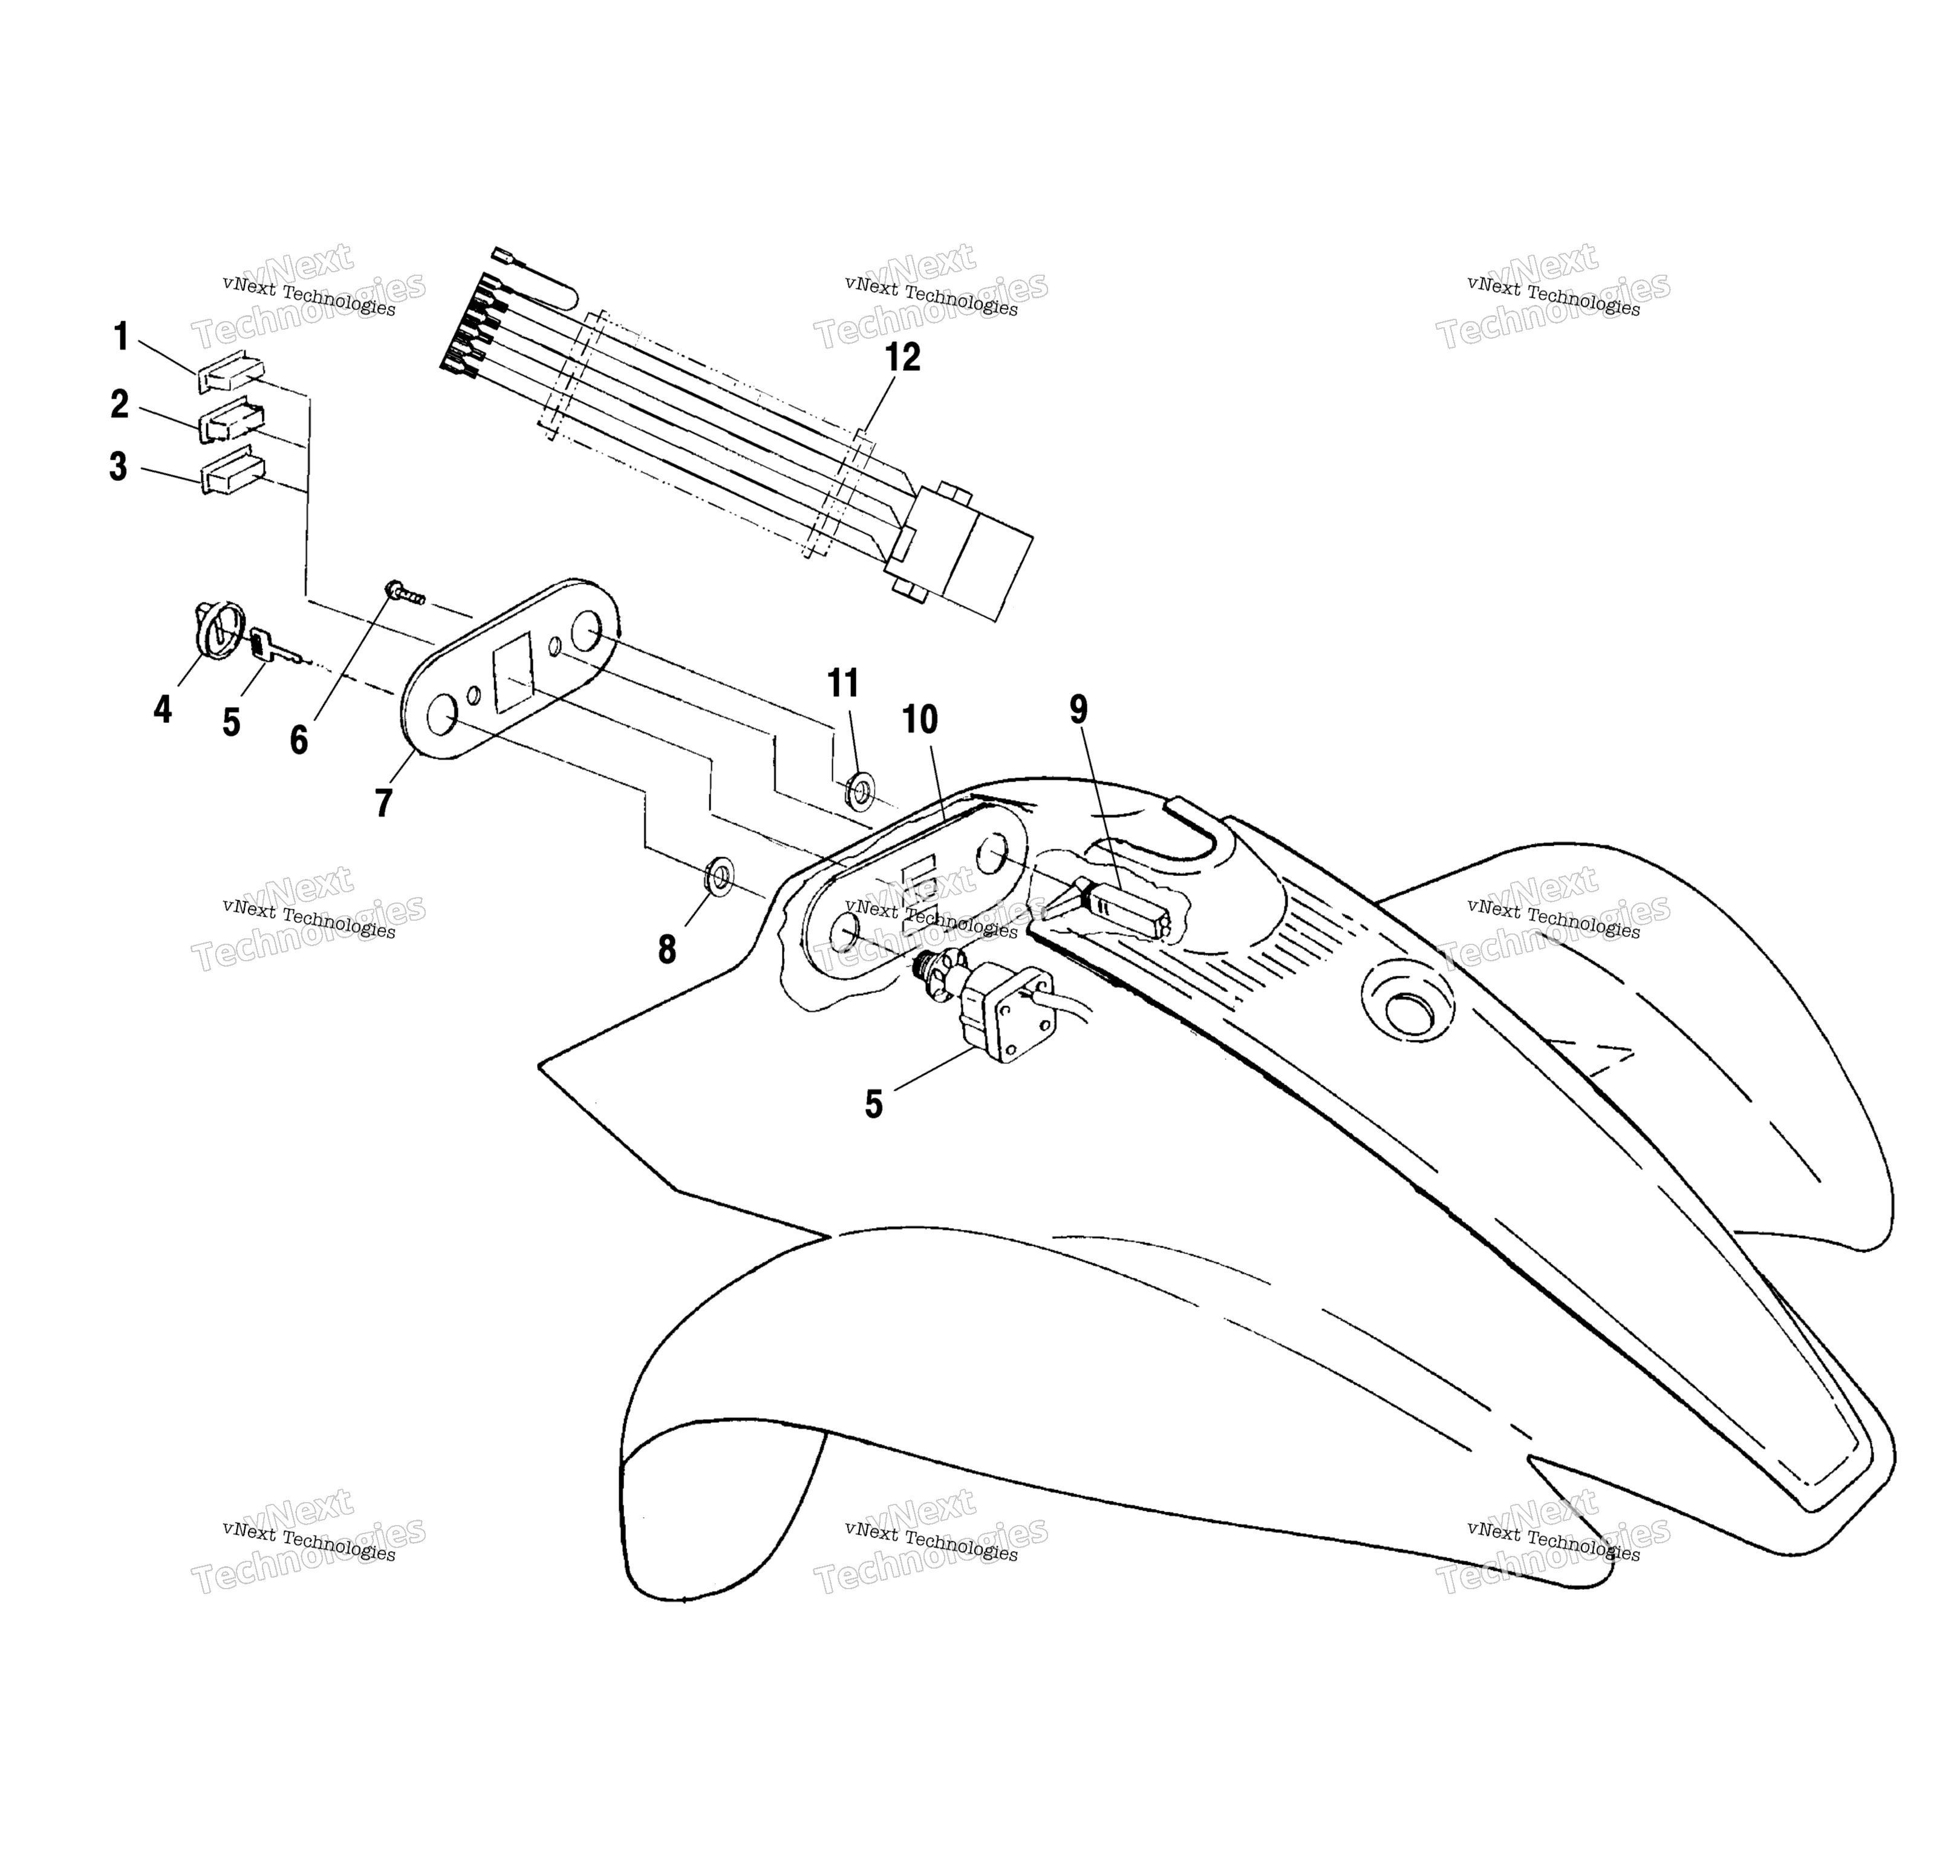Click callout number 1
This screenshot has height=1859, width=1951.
click(x=121, y=337)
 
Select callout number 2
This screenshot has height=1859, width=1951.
click(x=119, y=403)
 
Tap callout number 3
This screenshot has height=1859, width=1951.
click(x=118, y=467)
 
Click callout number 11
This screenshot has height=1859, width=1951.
click(x=843, y=683)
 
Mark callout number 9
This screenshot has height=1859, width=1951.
click(x=1078, y=710)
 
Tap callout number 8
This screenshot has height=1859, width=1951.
click(x=667, y=949)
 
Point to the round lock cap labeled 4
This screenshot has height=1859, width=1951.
click(x=217, y=629)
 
